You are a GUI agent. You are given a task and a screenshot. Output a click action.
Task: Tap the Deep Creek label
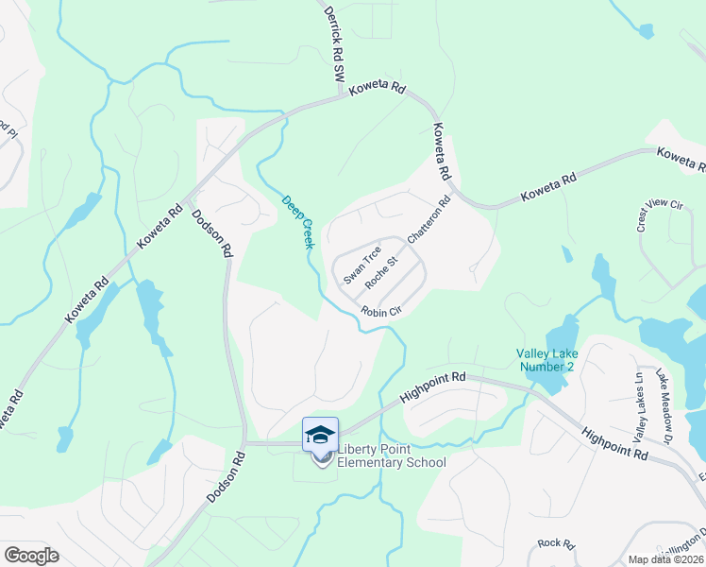[x=298, y=221]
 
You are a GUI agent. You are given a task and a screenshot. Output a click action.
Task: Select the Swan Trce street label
[x=361, y=266]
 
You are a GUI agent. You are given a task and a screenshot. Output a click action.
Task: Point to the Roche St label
[x=384, y=270]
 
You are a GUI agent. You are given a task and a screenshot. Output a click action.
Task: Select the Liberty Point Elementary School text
[x=392, y=455]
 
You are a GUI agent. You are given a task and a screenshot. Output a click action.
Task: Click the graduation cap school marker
[x=320, y=435]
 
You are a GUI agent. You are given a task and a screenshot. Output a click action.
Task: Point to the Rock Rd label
[x=556, y=543]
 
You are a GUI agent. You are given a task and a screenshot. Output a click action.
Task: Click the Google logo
[x=30, y=556]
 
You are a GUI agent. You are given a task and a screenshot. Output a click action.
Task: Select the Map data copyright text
[x=666, y=559]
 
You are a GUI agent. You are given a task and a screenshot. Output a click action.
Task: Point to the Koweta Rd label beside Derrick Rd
[x=377, y=90]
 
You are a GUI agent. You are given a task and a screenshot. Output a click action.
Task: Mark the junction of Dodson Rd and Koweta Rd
[x=187, y=200]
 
